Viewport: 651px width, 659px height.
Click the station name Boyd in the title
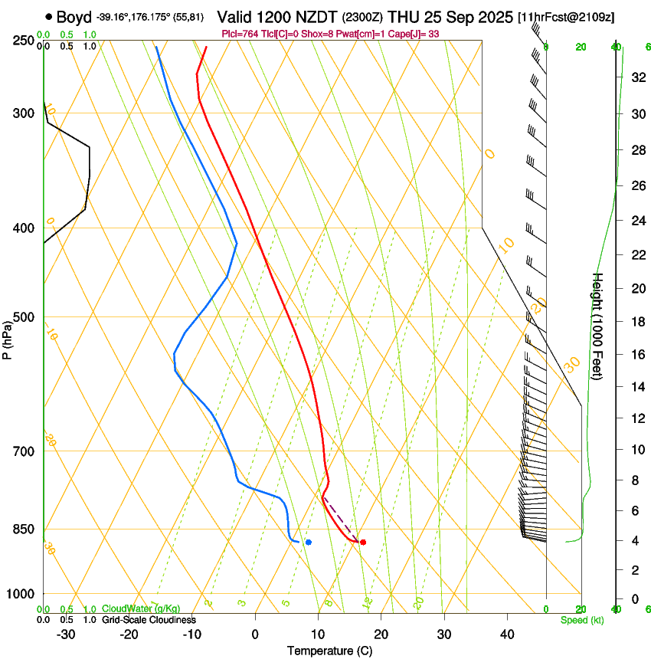click(x=74, y=17)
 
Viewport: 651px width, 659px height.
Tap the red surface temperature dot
click(x=363, y=543)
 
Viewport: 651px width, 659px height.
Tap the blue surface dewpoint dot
click(x=309, y=543)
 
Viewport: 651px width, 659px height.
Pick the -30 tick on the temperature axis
click(x=66, y=634)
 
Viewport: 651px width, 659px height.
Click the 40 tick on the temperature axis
click(x=507, y=634)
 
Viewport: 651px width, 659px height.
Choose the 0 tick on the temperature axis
click(x=256, y=634)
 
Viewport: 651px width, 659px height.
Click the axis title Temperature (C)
click(x=329, y=651)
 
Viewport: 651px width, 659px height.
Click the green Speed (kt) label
click(x=581, y=620)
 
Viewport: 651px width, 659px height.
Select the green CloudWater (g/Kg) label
click(x=141, y=609)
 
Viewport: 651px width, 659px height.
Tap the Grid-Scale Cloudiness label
click(x=149, y=620)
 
